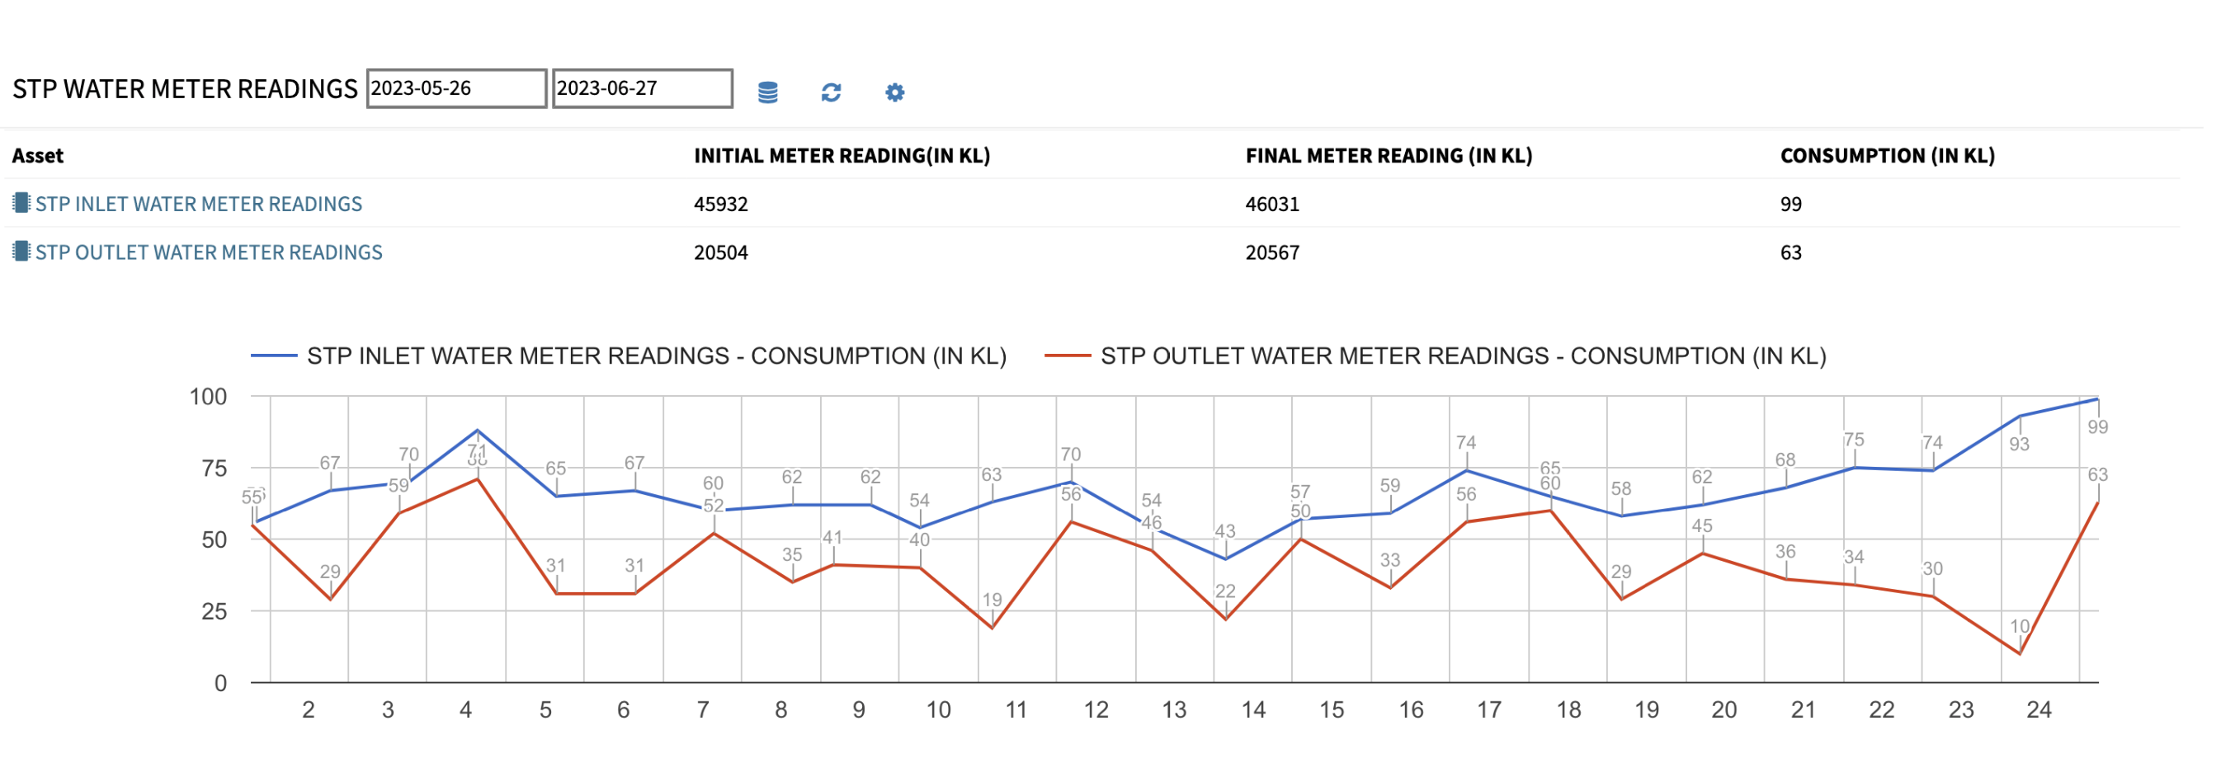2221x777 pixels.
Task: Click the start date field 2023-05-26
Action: [x=455, y=89]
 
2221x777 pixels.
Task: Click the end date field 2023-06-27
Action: [x=642, y=89]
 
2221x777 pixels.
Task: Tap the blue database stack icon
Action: [x=767, y=92]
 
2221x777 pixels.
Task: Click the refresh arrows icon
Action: [x=830, y=92]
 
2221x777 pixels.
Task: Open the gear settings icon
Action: [x=894, y=92]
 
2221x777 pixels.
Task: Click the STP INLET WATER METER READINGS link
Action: [x=198, y=204]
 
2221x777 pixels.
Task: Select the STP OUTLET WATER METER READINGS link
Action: [x=208, y=252]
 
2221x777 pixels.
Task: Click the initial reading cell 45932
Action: [x=721, y=205]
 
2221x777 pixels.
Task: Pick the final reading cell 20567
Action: [x=1271, y=252]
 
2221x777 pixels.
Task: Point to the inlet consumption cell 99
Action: [x=1791, y=205]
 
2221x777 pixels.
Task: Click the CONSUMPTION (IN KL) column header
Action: [x=1887, y=156]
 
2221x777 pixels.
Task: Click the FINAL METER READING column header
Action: [x=1388, y=156]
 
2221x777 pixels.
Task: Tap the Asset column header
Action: [x=38, y=156]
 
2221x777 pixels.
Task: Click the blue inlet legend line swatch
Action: [x=273, y=356]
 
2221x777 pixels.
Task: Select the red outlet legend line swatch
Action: [x=1068, y=356]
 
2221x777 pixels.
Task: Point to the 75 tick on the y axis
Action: [x=214, y=469]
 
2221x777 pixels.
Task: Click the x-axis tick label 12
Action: [x=1095, y=709]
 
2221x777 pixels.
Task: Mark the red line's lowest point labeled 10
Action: [x=2019, y=652]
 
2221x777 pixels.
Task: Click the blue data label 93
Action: [x=2018, y=444]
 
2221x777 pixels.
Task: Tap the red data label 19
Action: [x=992, y=600]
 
